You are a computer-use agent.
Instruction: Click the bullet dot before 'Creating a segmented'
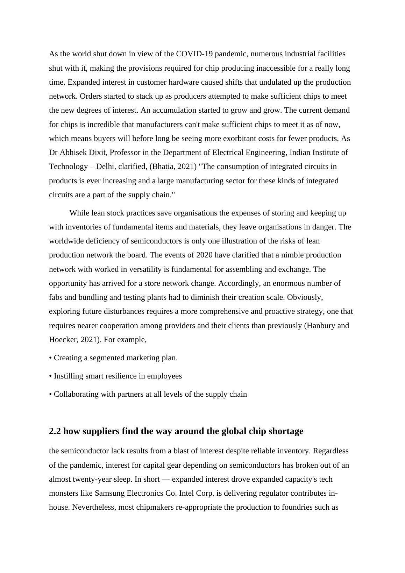coord(50,358)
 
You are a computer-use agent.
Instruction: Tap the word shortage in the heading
coord(286,431)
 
